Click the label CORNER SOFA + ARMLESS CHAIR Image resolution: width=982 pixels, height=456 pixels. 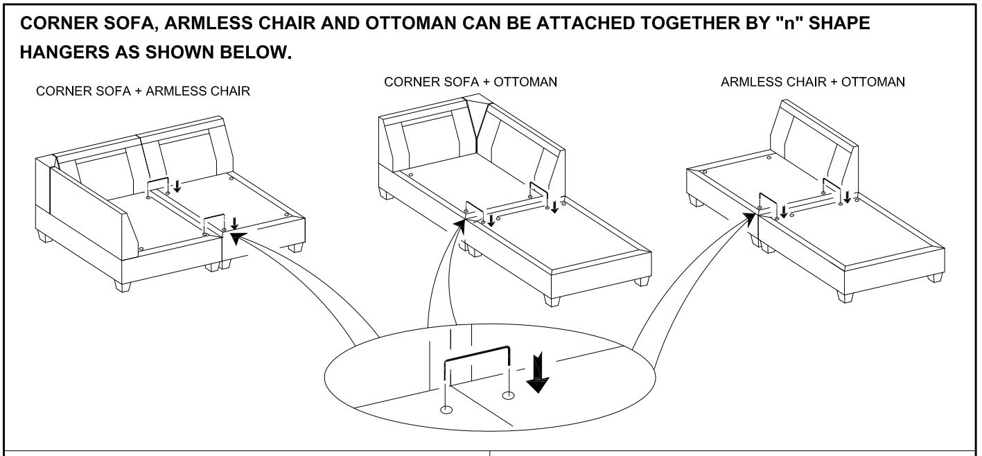tap(143, 91)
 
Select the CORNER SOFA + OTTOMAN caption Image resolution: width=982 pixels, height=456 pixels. tap(471, 82)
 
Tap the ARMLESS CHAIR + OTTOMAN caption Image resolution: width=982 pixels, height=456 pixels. tap(812, 82)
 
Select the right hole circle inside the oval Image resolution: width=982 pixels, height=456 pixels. tap(509, 396)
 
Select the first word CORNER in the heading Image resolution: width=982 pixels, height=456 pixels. tap(56, 24)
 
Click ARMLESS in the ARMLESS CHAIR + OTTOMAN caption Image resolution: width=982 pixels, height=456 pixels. tap(748, 82)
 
